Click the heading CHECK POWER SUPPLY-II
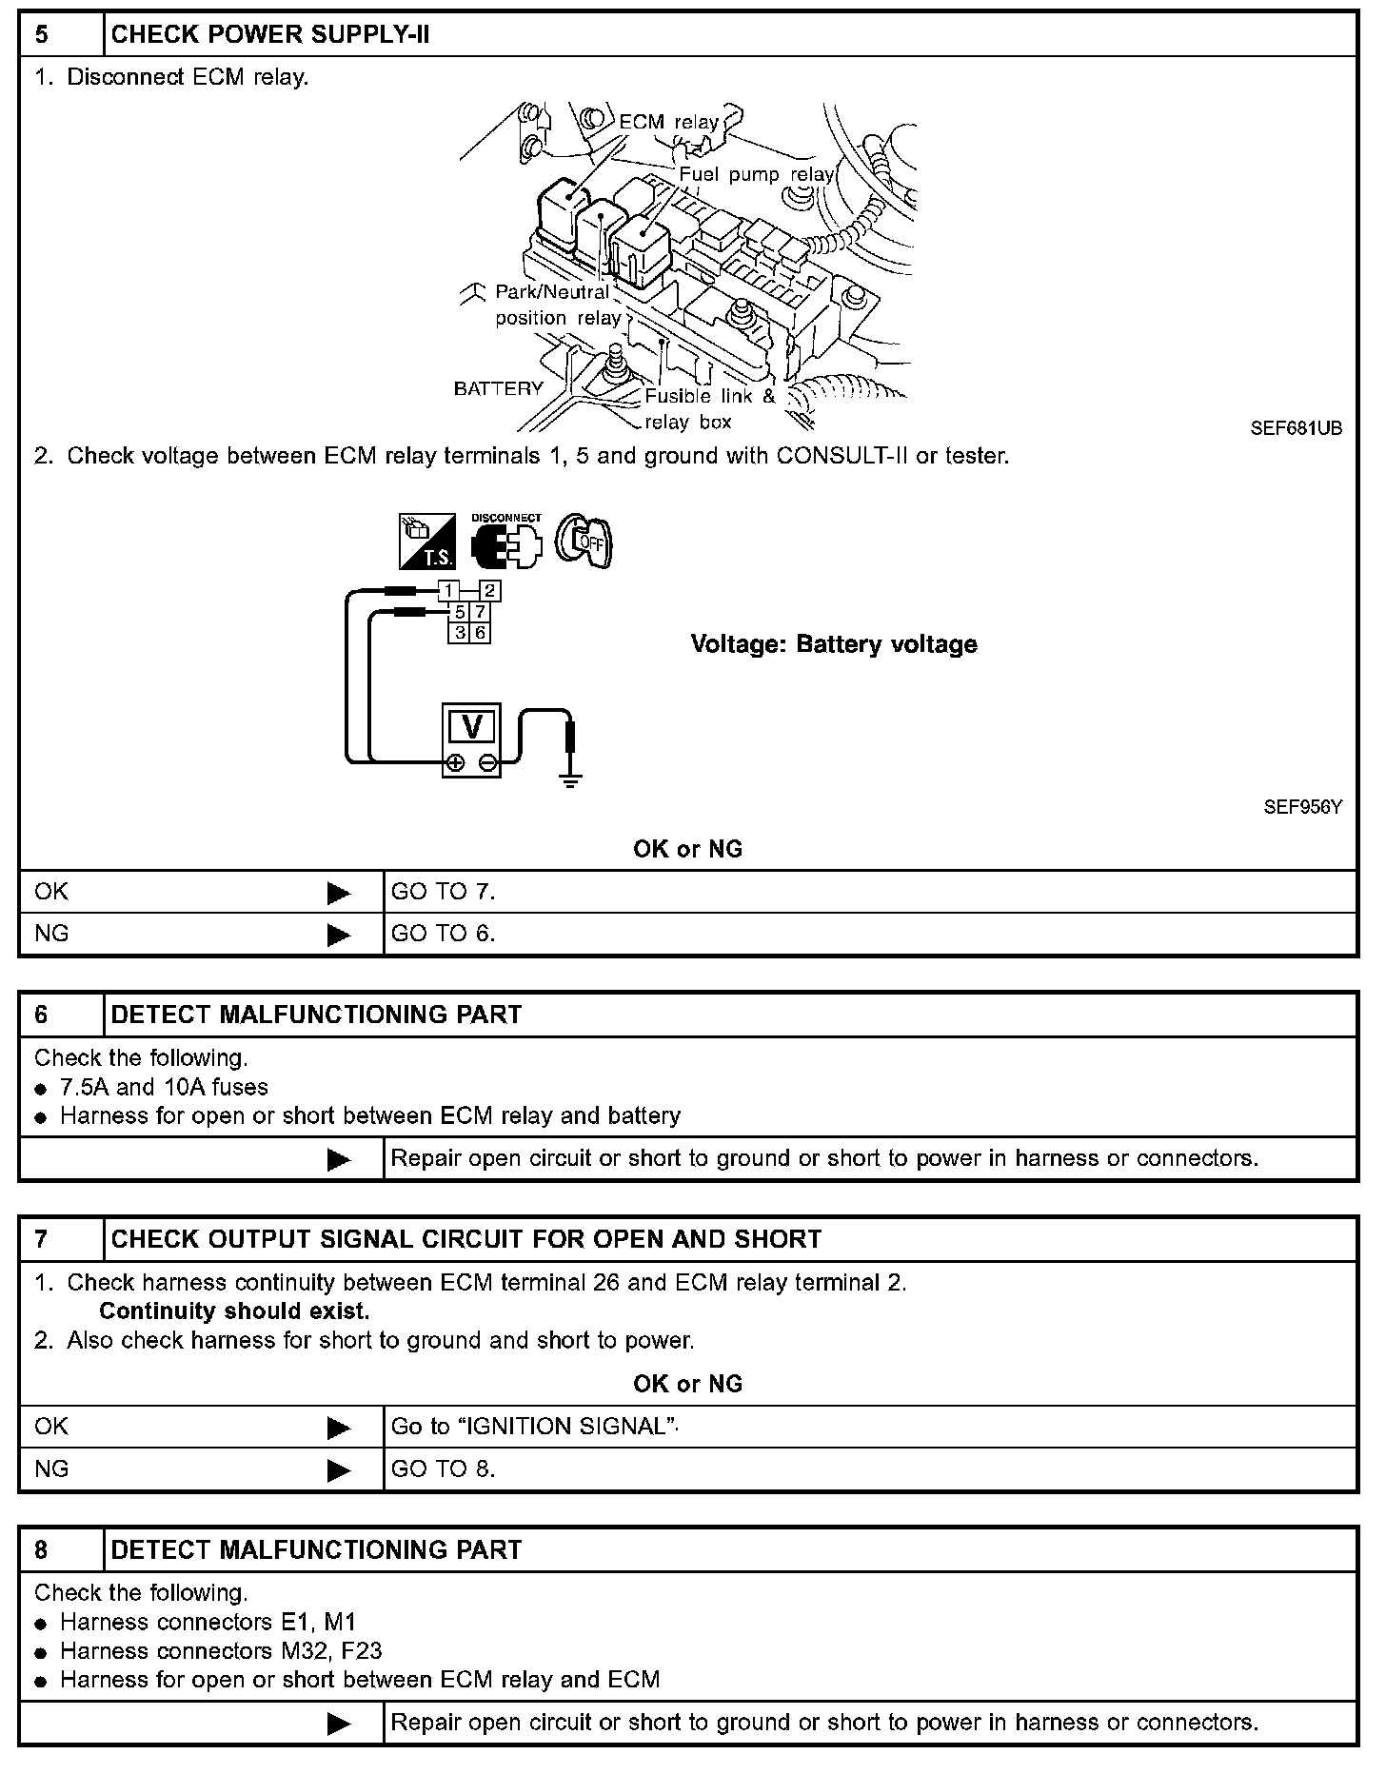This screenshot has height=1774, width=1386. click(x=270, y=35)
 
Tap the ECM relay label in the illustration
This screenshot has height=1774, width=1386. click(x=668, y=123)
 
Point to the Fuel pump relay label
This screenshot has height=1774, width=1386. click(x=756, y=175)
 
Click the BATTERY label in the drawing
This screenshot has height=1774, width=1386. click(x=498, y=388)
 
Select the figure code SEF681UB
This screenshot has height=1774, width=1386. click(x=1296, y=429)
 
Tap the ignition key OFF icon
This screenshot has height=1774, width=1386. click(x=584, y=542)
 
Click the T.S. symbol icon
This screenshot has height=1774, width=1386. click(x=426, y=542)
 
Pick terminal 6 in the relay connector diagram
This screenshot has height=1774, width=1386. click(x=481, y=632)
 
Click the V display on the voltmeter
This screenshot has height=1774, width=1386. click(x=471, y=726)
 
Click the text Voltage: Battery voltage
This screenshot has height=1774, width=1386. click(x=834, y=644)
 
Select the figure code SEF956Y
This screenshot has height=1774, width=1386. click(x=1302, y=807)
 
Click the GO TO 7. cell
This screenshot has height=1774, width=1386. click(x=444, y=892)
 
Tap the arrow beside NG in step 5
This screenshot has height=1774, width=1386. click(x=338, y=935)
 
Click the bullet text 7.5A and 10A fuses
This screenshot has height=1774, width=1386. click(x=164, y=1087)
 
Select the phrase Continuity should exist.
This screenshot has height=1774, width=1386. click(x=234, y=1311)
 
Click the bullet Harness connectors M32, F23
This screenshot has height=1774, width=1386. click(x=221, y=1650)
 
